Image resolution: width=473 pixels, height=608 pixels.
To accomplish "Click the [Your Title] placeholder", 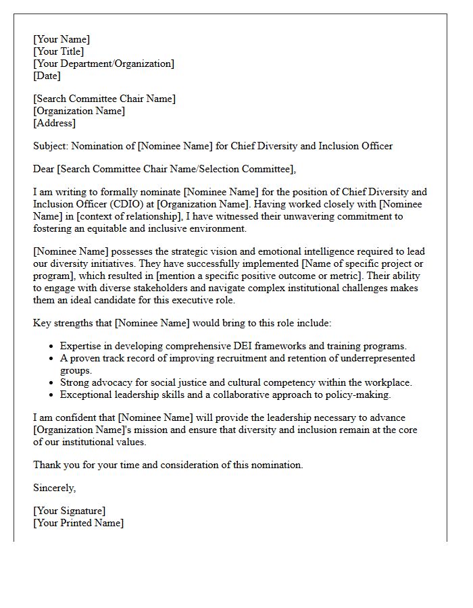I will tap(59, 51).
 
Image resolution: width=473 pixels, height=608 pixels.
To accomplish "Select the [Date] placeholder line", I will tap(47, 76).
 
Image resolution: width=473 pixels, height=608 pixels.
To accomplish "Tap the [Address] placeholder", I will tap(55, 123).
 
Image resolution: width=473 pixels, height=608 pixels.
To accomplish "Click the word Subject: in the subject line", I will tap(51, 146).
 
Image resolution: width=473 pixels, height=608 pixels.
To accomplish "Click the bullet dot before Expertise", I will tap(52, 347).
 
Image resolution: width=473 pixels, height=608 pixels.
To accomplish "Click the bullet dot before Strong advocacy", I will tap(52, 383).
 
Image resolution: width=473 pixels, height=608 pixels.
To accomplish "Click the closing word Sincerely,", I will tap(55, 488).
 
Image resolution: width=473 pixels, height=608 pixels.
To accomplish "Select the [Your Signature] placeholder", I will tap(70, 511).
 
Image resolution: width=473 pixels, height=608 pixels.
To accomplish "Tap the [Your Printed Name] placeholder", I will tap(78, 523).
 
